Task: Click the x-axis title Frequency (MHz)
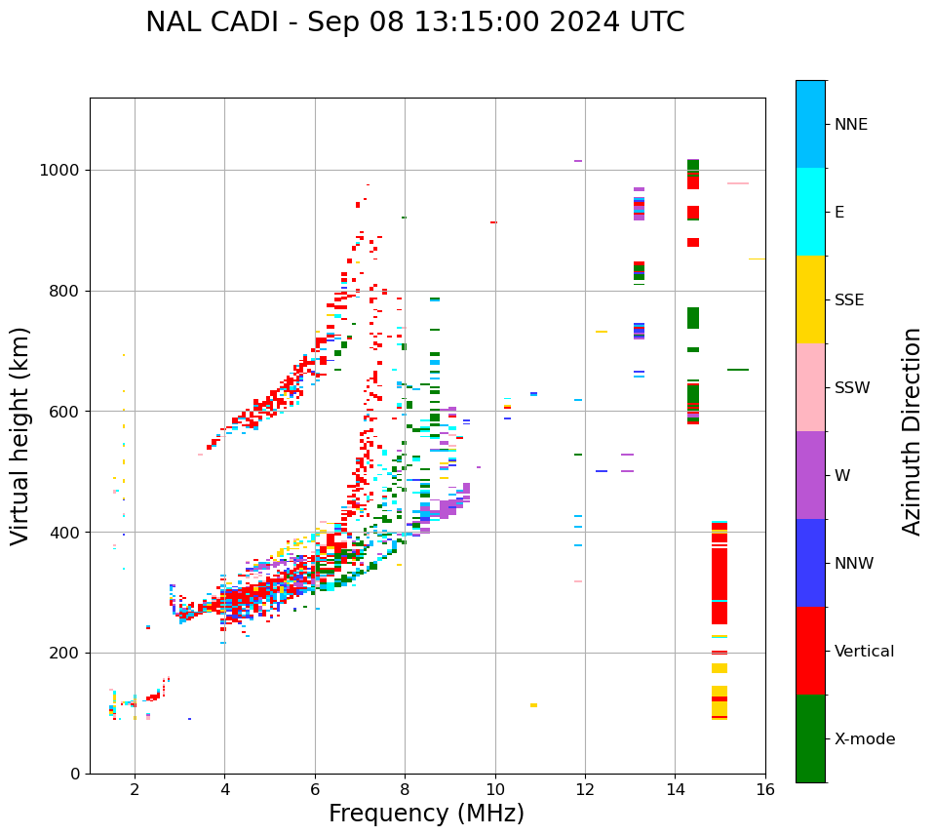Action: [426, 814]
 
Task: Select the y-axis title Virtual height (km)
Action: [20, 436]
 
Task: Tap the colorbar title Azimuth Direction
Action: [912, 431]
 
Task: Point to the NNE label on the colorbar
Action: [851, 125]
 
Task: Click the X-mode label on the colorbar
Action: [865, 739]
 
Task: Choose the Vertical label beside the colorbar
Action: [864, 652]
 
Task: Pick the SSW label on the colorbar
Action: [852, 388]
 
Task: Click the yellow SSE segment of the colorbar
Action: [810, 299]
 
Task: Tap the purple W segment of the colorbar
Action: [810, 475]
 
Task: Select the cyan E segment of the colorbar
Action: [810, 212]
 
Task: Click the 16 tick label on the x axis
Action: [765, 789]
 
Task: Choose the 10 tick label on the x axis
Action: [495, 789]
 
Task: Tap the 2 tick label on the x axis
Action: [135, 789]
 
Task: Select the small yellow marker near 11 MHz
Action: [533, 705]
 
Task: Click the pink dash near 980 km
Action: [738, 183]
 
